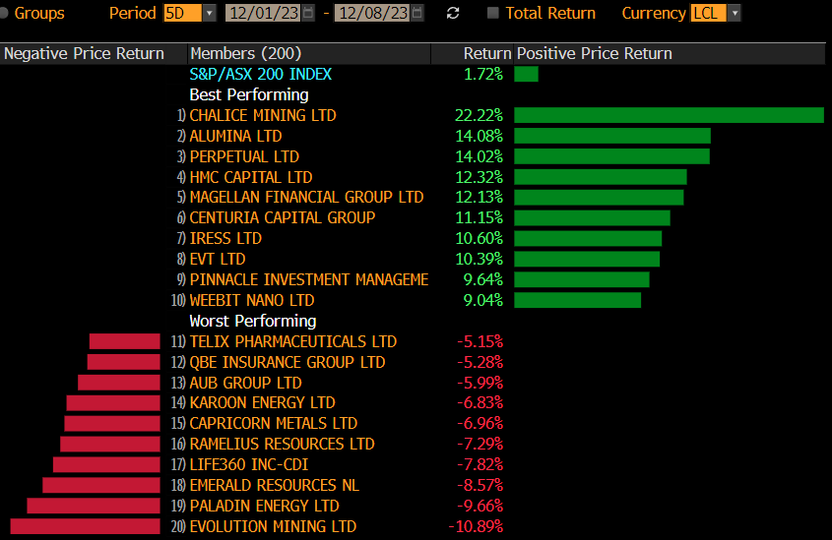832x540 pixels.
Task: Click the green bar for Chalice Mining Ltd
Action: point(669,115)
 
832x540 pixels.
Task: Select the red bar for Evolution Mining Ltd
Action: point(85,526)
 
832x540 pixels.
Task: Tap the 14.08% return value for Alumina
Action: point(479,136)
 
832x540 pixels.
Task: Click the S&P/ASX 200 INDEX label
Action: point(260,74)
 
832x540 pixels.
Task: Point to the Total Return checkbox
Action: point(493,13)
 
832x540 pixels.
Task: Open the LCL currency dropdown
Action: point(716,13)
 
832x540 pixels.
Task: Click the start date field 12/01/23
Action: point(263,13)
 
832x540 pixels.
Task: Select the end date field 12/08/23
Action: point(373,13)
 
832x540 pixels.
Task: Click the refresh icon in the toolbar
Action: point(453,13)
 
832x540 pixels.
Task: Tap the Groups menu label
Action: point(38,13)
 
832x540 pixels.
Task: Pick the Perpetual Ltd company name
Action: point(244,156)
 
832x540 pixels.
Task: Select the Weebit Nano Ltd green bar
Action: point(577,300)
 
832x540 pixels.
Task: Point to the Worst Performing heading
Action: point(252,321)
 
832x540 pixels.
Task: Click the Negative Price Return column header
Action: point(84,53)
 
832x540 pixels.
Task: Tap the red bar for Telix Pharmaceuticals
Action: point(124,341)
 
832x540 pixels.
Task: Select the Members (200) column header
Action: point(245,53)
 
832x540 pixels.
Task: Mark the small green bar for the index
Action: point(526,74)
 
